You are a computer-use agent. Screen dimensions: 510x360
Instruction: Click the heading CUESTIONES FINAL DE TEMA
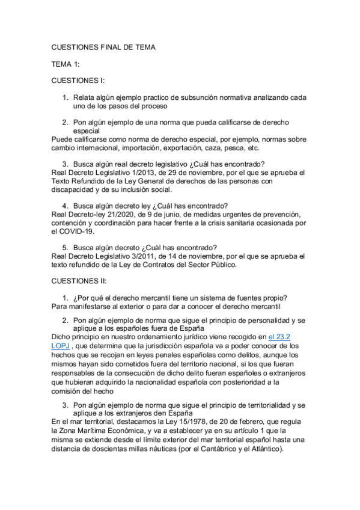click(103, 48)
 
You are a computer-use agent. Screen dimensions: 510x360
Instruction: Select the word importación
click(144, 147)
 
